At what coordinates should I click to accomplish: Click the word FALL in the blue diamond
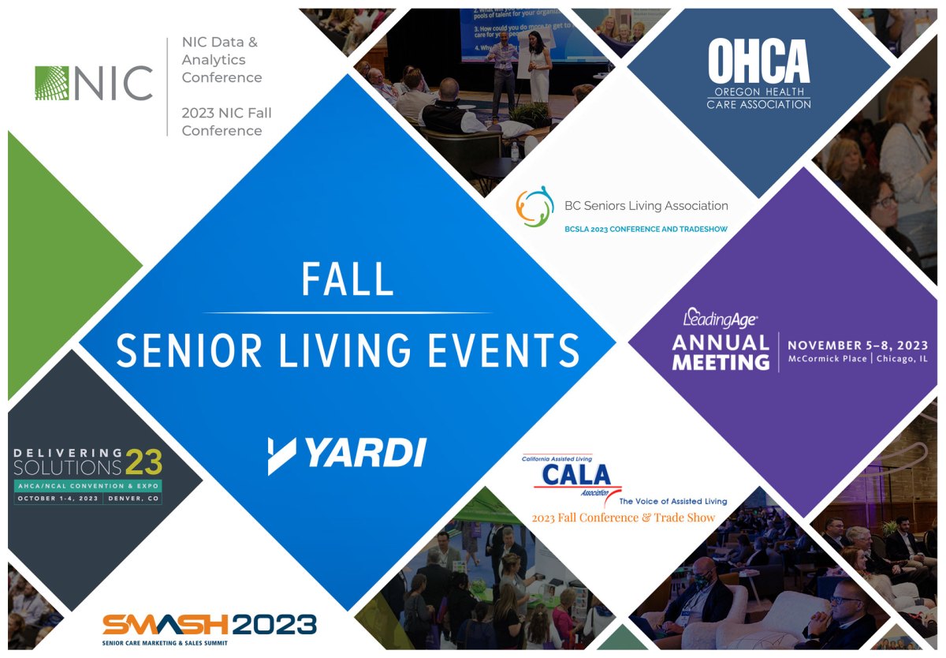point(348,279)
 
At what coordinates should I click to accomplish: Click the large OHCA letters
point(758,62)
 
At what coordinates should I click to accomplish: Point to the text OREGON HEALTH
point(758,92)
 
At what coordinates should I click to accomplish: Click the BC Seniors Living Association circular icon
point(534,207)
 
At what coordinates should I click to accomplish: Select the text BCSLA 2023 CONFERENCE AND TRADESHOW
point(646,229)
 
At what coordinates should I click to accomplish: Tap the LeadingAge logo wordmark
point(720,319)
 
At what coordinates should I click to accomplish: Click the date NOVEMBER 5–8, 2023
point(858,346)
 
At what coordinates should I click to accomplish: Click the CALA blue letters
point(576,475)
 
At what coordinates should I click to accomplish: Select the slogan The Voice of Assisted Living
point(672,501)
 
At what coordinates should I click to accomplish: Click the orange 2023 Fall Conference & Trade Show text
point(624,518)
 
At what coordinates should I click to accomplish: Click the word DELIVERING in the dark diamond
point(69,453)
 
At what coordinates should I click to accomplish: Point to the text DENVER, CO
point(133,499)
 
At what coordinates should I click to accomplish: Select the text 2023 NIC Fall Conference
point(226,122)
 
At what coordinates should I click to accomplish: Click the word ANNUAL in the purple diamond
point(720,343)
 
